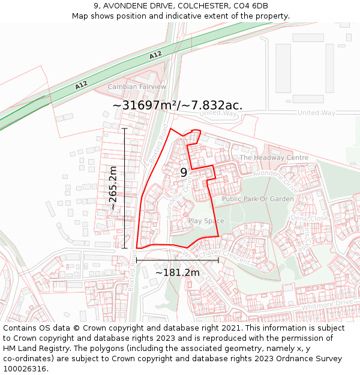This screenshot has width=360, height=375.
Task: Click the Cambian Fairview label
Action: (137, 87)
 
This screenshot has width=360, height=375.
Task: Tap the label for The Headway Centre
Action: (274, 158)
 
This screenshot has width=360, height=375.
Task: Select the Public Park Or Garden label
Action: (258, 199)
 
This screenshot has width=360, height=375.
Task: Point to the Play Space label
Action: (206, 221)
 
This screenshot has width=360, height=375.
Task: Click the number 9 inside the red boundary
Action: (184, 173)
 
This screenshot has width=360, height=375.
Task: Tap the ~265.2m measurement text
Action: (113, 188)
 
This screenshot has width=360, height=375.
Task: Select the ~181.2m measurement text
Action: (178, 273)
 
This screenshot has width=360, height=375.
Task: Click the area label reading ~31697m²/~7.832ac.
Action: (178, 106)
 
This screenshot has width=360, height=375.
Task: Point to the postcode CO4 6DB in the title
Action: (248, 6)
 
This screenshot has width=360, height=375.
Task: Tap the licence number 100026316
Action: (26, 369)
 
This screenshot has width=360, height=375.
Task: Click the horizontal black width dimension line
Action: (178, 260)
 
